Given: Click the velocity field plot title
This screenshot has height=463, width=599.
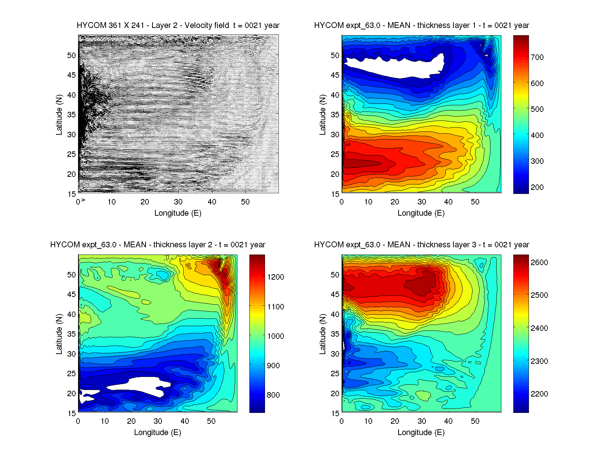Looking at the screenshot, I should coord(178,25).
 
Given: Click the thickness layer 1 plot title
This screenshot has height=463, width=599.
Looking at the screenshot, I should coord(421,25).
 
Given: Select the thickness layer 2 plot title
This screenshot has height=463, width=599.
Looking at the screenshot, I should coord(158,245).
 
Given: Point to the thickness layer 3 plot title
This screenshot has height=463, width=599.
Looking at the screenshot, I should coord(421,245).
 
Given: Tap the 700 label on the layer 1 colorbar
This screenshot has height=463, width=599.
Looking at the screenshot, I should coord(537,57).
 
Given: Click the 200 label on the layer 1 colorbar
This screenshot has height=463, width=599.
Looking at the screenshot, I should coord(537,187).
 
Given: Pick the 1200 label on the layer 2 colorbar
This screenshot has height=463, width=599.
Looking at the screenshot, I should coord(276,277).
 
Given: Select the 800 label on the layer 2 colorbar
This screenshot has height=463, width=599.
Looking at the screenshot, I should coord(273,395).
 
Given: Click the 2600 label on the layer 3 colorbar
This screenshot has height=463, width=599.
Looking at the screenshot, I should coord(539,263).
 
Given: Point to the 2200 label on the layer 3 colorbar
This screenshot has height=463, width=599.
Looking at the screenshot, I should coord(539,394).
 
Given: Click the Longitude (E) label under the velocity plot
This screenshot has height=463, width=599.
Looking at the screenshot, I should coord(178,213).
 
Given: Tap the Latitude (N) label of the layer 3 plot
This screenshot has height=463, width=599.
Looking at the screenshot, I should coord(322,334).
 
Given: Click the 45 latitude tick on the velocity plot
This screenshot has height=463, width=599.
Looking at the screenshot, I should coord(72,75).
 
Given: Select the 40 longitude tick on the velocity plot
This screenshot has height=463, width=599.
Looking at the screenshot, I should coord(212,202).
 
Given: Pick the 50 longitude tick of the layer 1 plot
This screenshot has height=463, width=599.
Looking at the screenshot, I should coord(475,202).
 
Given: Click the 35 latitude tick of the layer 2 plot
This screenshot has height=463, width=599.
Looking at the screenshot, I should coord(72,334).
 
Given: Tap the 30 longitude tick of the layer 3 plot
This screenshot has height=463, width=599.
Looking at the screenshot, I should coord(421,421).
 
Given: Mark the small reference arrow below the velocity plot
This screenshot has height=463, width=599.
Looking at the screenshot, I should coord(83,200).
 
